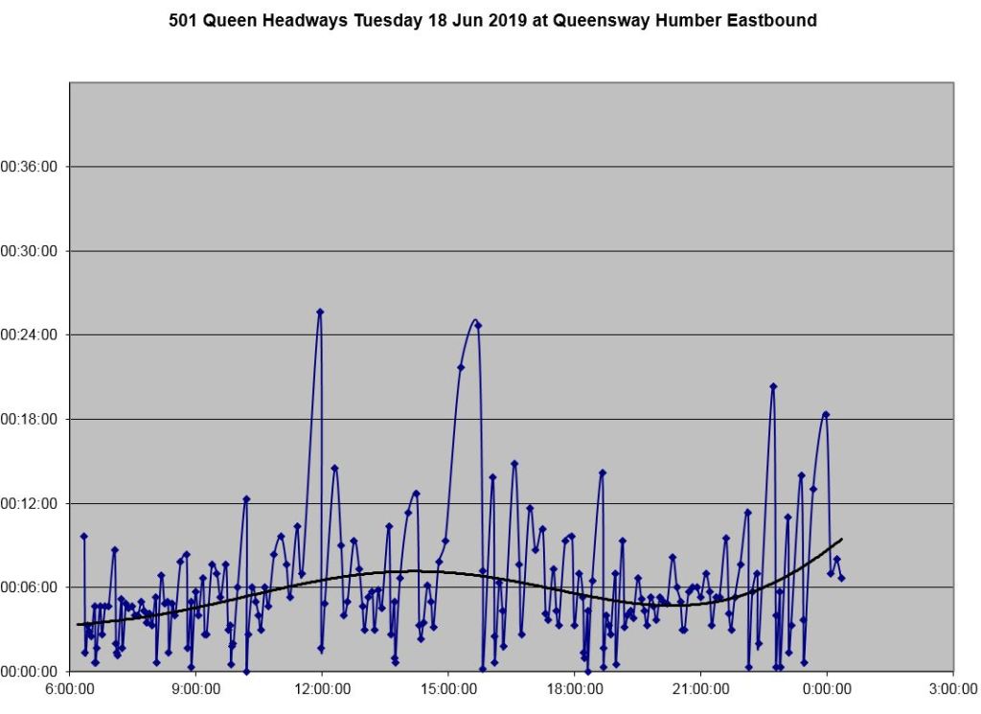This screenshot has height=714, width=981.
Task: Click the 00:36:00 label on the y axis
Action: click(30, 167)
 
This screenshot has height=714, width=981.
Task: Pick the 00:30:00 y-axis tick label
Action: click(30, 251)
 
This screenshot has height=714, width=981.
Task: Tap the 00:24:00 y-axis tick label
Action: click(30, 334)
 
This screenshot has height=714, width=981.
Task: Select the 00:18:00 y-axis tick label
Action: click(30, 419)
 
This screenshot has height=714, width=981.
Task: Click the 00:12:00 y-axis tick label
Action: click(30, 503)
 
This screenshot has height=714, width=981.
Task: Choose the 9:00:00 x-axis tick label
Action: click(195, 688)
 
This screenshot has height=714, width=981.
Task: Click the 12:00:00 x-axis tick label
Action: click(322, 688)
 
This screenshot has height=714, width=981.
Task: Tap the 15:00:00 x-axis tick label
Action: click(448, 688)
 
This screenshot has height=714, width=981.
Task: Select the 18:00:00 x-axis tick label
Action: click(574, 688)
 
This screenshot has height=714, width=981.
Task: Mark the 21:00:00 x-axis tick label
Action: click(700, 688)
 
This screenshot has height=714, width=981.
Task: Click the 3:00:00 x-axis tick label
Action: click(952, 688)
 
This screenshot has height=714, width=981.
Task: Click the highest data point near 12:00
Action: click(320, 311)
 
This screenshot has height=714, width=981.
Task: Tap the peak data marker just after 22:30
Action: click(773, 386)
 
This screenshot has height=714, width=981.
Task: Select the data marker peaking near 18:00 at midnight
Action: click(825, 414)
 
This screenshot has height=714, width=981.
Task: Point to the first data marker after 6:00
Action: click(83, 537)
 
